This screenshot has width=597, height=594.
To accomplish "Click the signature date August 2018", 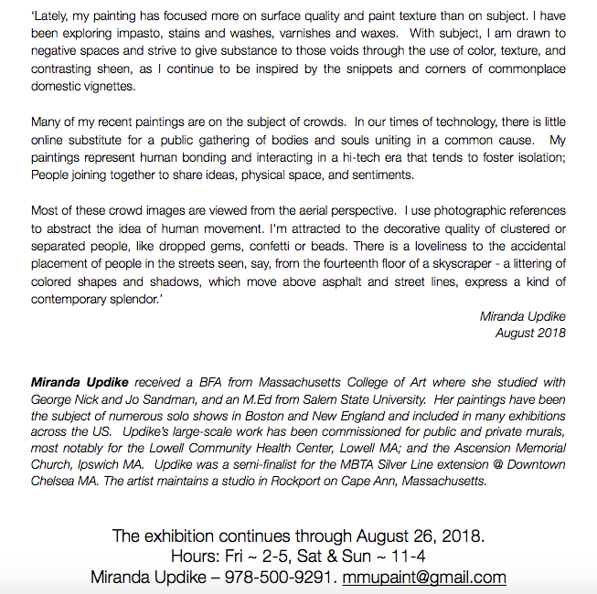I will tap(530, 333).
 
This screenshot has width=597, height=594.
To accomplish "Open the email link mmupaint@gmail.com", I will tap(424, 577).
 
